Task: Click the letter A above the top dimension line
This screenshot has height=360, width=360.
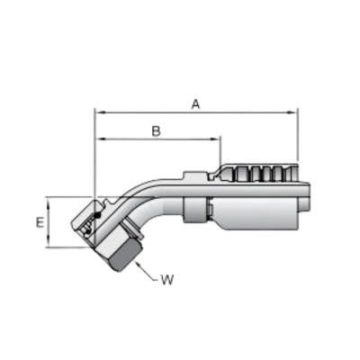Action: coord(195,104)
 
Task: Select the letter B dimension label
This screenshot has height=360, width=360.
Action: coord(157,131)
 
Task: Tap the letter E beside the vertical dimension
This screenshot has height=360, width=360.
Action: coord(40,222)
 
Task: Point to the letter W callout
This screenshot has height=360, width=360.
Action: coord(167,280)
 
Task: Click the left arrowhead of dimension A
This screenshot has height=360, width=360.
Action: coord(99,112)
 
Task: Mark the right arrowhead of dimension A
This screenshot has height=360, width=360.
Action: coord(292,112)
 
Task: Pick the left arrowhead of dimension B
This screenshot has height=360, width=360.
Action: coord(99,139)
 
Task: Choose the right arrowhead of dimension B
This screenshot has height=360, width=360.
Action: coord(215,139)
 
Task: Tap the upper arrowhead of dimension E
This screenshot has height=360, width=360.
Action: coord(49,202)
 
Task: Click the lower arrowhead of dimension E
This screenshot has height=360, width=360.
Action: coord(49,243)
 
